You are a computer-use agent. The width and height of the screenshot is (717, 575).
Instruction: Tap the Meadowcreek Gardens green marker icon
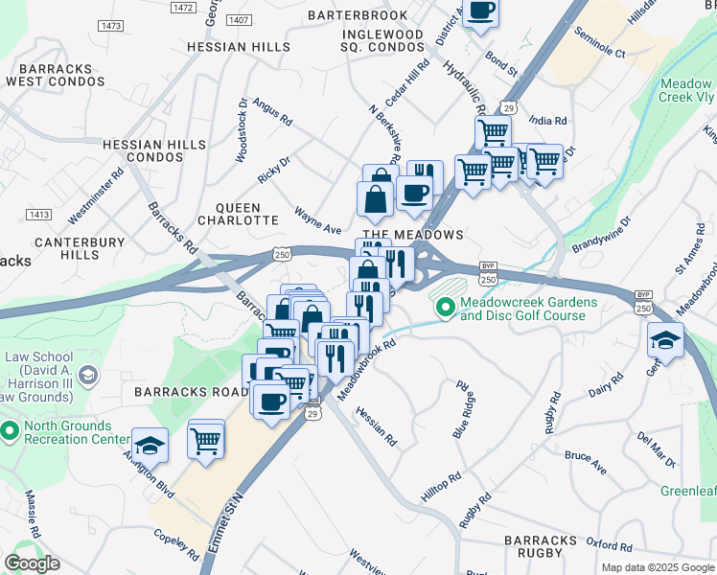(445, 308)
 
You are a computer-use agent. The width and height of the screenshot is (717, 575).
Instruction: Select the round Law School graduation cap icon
(88, 375)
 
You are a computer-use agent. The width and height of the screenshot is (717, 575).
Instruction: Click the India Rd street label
(547, 122)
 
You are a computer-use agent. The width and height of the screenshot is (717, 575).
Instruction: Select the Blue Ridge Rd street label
(463, 409)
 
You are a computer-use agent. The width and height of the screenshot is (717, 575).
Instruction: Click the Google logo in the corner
(32, 563)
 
